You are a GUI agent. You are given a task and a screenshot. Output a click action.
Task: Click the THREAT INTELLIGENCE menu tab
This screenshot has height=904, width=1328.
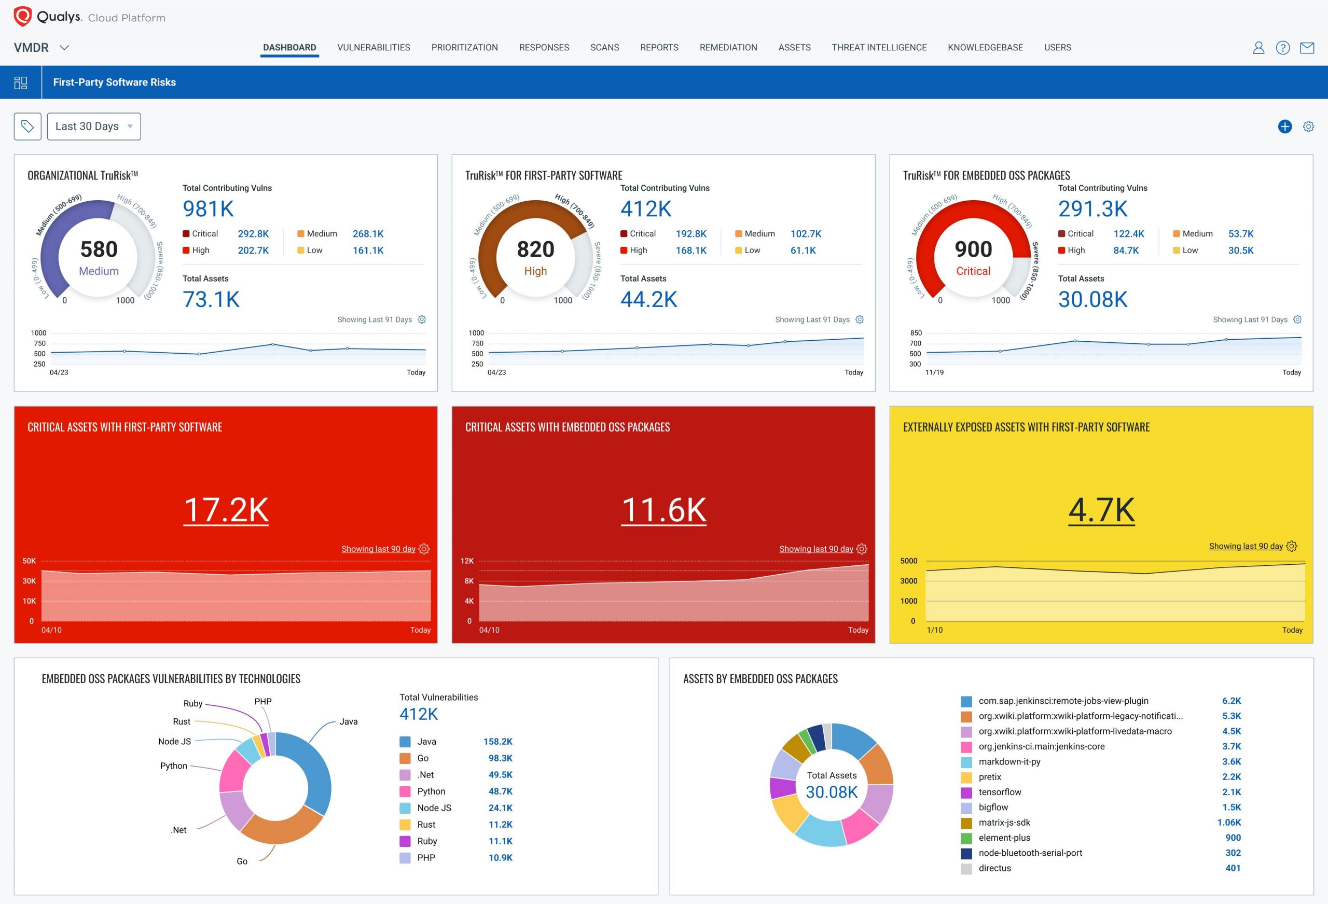879,47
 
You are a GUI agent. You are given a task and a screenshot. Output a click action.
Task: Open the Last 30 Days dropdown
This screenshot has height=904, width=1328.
94,126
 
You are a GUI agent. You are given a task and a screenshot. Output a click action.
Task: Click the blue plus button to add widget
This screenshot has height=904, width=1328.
1284,126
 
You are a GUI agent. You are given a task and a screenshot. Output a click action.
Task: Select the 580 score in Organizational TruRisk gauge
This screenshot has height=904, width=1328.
99,249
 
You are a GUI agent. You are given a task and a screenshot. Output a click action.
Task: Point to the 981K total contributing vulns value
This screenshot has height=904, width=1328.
208,209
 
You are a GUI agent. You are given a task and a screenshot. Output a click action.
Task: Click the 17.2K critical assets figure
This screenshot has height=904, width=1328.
226,510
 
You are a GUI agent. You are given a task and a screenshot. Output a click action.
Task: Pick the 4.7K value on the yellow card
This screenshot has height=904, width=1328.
1101,510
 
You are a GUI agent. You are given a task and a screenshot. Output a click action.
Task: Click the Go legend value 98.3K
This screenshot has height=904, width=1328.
500,758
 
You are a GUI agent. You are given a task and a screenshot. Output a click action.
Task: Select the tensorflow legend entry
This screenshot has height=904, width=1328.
1000,792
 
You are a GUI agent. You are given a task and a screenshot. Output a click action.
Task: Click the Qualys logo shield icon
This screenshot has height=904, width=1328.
22,17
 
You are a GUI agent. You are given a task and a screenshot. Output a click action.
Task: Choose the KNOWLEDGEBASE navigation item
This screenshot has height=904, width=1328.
985,47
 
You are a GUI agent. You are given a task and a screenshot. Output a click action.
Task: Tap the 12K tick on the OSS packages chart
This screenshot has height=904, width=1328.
467,561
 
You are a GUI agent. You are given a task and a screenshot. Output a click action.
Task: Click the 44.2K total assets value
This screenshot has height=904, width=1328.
648,299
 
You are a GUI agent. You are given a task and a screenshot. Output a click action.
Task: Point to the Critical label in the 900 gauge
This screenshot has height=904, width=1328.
973,271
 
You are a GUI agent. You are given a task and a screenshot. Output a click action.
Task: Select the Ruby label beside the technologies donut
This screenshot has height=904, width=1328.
192,703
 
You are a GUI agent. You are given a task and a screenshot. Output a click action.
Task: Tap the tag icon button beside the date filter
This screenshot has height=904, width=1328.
27,126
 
